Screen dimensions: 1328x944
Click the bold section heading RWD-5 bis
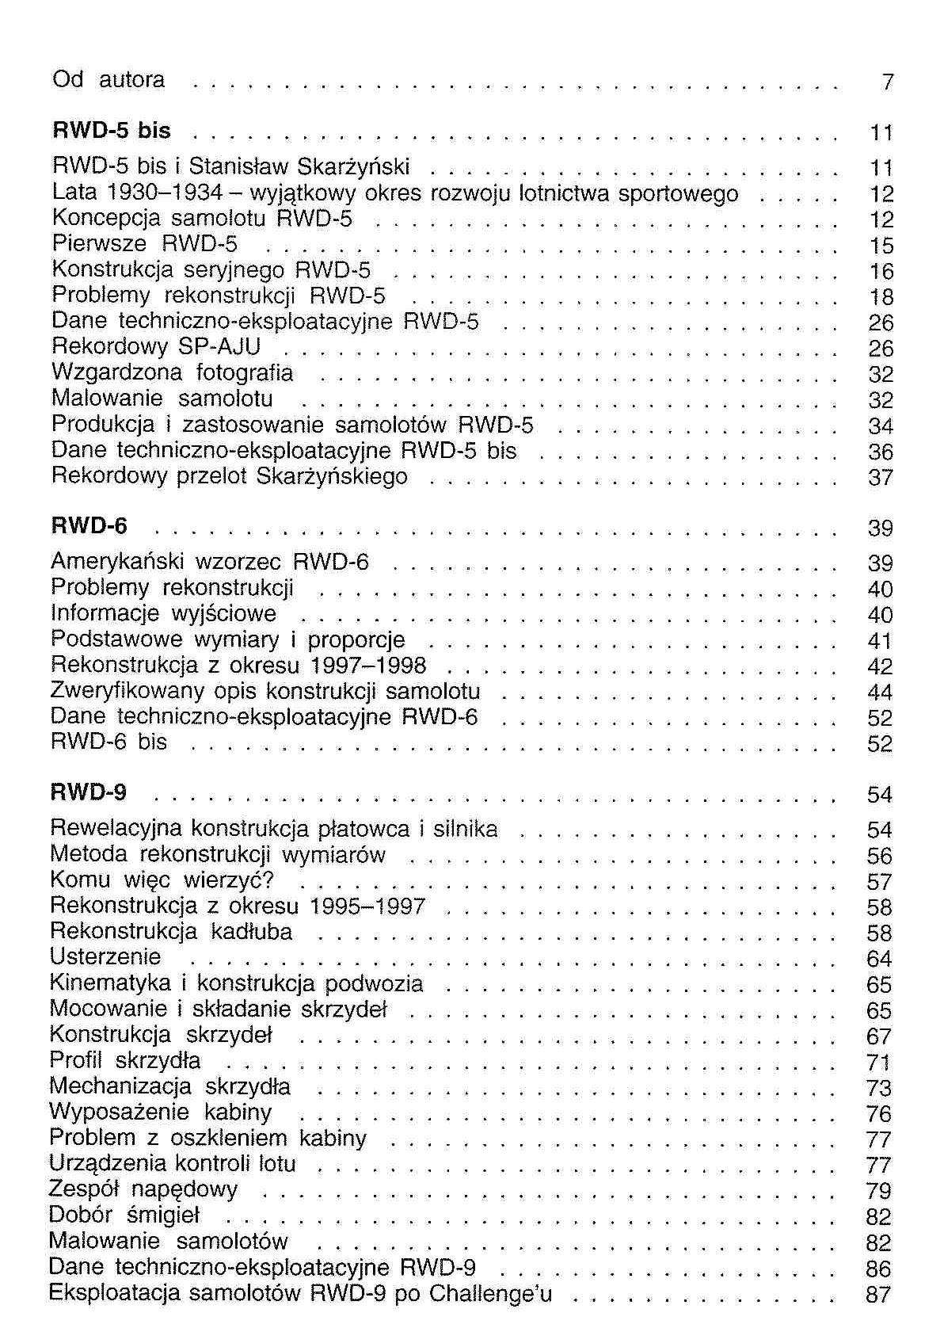click(x=111, y=130)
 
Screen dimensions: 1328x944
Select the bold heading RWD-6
click(x=89, y=525)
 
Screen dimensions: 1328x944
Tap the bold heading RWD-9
click(x=88, y=792)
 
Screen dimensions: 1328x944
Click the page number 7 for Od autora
click(x=887, y=82)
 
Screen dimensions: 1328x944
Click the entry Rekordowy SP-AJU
click(x=156, y=347)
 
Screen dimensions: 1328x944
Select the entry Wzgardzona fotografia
click(x=172, y=372)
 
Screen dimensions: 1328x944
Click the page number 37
click(x=881, y=478)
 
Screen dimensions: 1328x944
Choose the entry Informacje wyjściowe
click(x=163, y=613)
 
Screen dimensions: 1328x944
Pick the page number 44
click(x=880, y=693)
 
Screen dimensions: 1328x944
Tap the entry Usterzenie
click(x=105, y=956)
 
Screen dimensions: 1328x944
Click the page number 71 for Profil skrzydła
click(x=879, y=1063)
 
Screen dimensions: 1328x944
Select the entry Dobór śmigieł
click(x=124, y=1215)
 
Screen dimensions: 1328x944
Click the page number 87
click(x=879, y=1295)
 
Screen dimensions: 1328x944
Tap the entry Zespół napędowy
click(x=143, y=1189)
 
